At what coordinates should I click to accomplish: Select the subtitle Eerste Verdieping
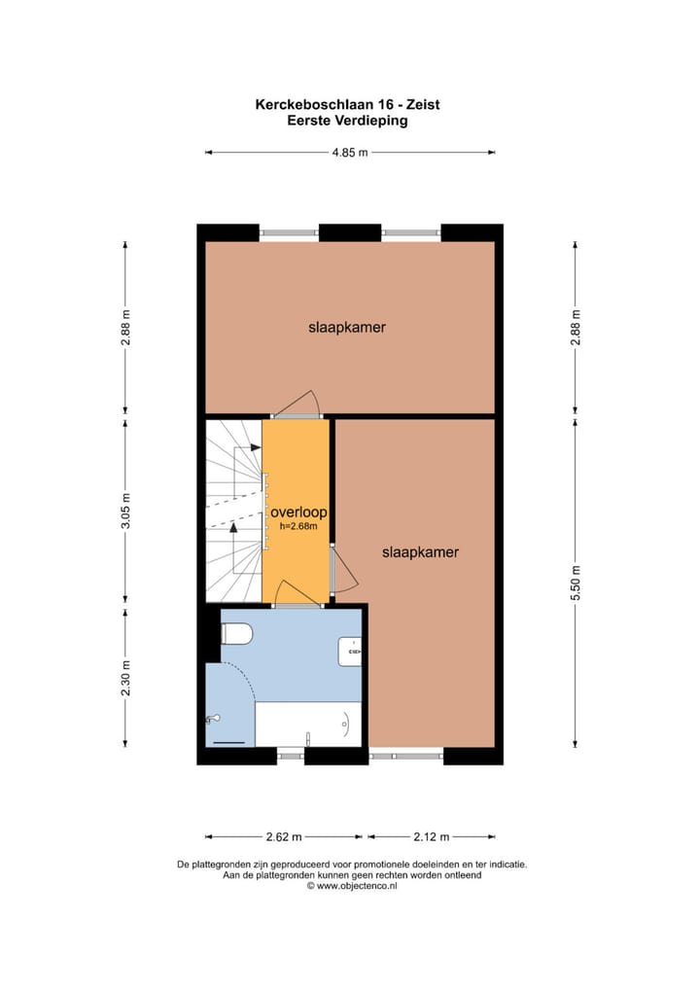[347, 122]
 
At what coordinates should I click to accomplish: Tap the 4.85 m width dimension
[350, 153]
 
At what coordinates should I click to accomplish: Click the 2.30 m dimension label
[125, 678]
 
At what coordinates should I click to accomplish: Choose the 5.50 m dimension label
[576, 583]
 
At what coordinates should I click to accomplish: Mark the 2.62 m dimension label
[283, 836]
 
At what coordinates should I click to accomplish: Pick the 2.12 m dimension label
[432, 836]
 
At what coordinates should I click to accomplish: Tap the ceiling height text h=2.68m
[298, 526]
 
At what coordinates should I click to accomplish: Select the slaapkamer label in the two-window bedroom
[347, 328]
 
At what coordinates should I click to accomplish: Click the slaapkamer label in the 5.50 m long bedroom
[420, 552]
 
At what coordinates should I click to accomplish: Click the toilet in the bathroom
[236, 634]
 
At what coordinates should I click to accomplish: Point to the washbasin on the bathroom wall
[350, 651]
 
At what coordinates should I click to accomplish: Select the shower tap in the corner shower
[213, 719]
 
